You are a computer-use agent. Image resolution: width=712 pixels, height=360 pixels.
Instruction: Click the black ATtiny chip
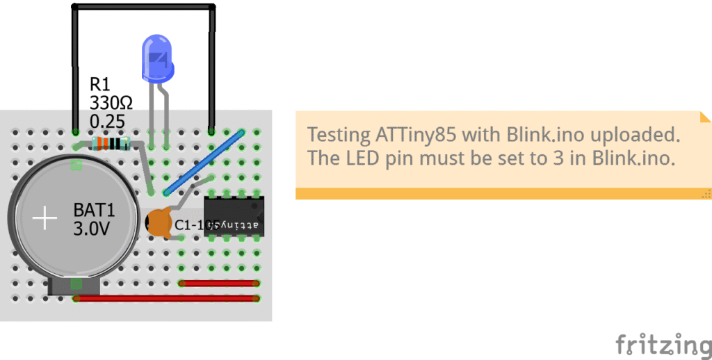point(234,215)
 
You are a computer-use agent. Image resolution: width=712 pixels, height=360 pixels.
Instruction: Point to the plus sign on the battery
point(46,219)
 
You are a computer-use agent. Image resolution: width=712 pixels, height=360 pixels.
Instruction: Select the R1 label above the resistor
point(100,85)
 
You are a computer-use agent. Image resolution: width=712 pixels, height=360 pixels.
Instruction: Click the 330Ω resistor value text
point(111,104)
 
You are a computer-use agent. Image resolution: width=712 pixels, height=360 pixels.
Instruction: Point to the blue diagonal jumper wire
point(204,161)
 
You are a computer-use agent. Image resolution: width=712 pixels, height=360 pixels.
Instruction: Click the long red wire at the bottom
point(167,299)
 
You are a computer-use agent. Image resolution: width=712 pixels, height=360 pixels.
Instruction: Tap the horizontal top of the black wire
point(143,8)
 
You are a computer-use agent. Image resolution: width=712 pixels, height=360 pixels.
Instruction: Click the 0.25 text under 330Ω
point(107,122)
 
